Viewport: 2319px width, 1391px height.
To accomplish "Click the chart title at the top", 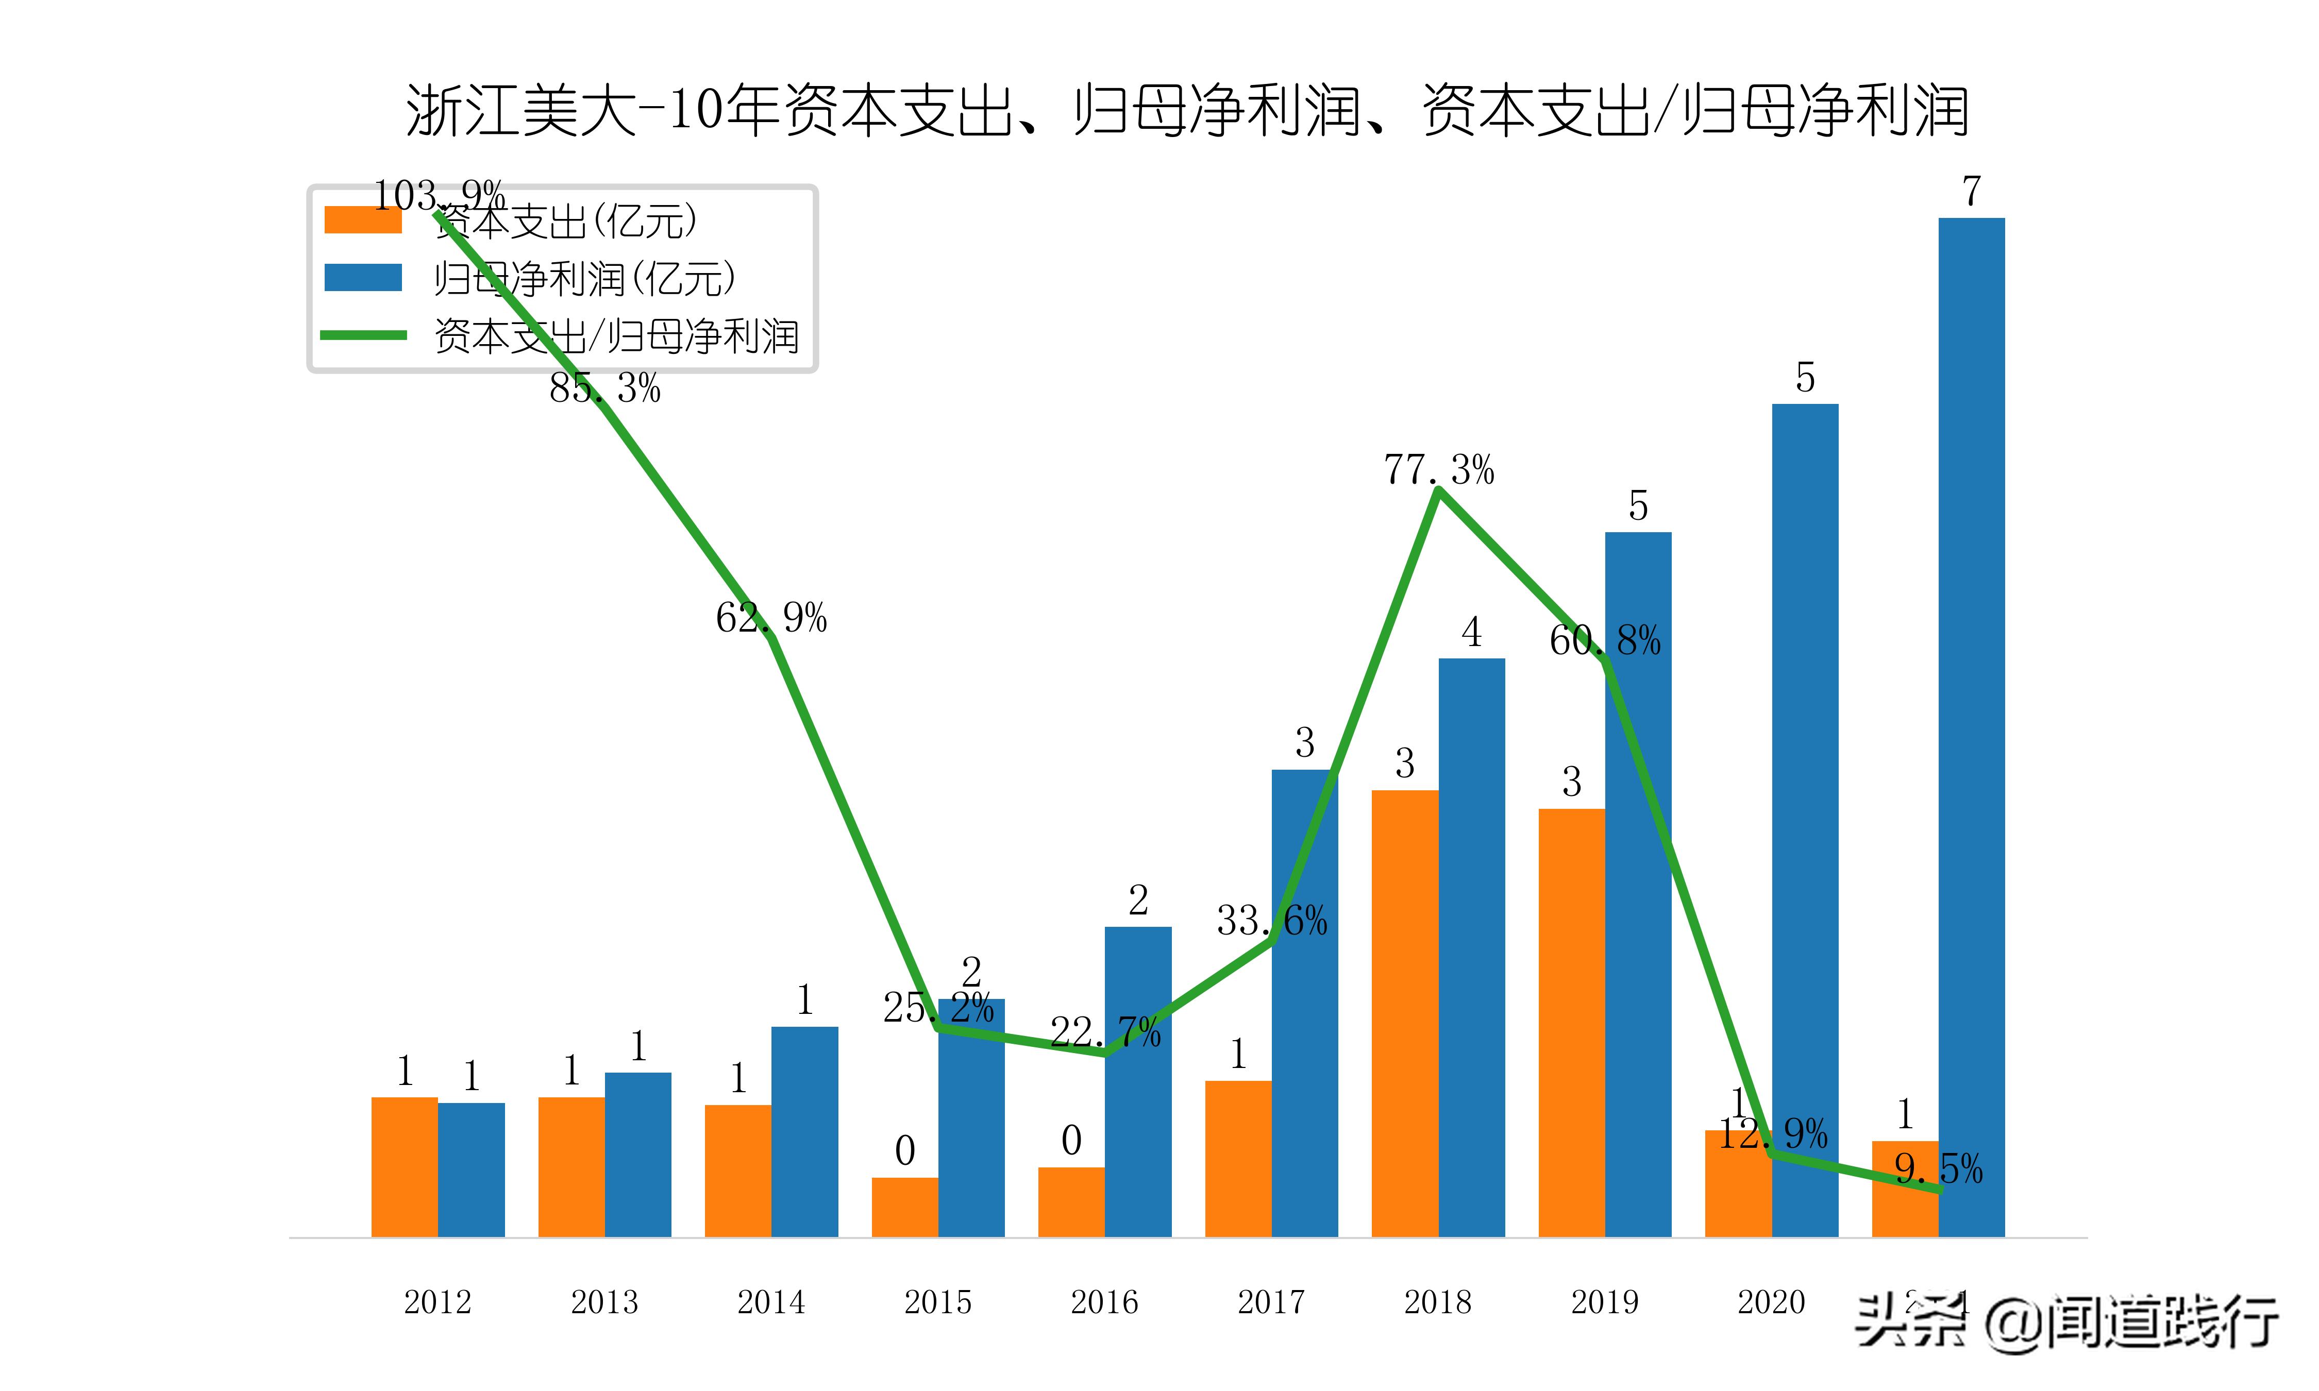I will pos(1187,111).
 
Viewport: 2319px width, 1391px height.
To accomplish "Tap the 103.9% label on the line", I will pos(439,196).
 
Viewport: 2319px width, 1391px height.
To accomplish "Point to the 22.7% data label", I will pos(1105,1032).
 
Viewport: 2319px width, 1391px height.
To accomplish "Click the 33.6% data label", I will pos(1272,921).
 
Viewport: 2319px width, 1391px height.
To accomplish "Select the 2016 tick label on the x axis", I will pos(1104,1302).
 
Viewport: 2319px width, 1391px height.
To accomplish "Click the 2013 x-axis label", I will pos(604,1302).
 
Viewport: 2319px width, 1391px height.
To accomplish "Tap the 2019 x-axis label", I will pos(1605,1302).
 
